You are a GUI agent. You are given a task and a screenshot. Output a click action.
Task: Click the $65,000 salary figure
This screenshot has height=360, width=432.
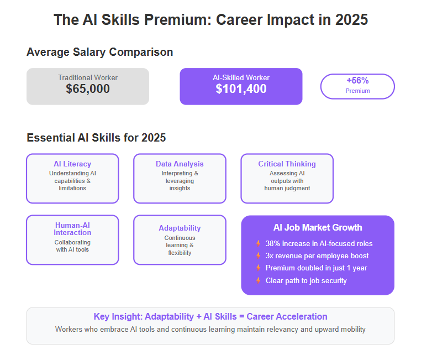coord(88,89)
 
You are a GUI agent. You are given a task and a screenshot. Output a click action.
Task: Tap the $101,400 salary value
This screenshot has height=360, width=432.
coord(241,89)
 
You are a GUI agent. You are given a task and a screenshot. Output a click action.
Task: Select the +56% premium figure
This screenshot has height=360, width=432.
coord(357,81)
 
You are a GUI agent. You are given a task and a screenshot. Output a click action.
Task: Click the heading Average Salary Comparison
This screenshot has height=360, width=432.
coord(100,52)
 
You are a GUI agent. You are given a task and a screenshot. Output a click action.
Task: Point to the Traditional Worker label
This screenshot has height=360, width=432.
coord(88,77)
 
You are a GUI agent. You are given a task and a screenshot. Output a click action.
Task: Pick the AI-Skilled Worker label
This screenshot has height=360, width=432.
coord(241,77)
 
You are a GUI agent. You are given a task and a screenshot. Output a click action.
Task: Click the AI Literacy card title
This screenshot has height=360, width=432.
coord(72,164)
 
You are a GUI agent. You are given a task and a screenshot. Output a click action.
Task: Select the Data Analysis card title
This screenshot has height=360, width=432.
coord(180,164)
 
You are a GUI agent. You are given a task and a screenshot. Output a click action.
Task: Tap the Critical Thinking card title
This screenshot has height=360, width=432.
coord(287,164)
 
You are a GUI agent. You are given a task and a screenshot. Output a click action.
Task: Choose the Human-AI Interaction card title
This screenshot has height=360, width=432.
coord(72,229)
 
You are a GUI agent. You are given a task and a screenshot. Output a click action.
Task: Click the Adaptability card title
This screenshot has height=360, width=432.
coord(180,228)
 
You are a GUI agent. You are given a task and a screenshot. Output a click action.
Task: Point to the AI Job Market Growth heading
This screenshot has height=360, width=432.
coord(318,228)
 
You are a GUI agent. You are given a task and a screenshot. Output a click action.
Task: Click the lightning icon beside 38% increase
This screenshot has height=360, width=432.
coord(258,243)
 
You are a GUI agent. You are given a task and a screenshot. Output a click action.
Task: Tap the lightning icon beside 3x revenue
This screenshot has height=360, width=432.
coord(258,255)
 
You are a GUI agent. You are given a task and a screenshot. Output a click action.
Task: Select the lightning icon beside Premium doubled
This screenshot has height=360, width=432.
coord(258,268)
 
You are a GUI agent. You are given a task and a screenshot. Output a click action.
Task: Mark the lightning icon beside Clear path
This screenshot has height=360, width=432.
coord(258,280)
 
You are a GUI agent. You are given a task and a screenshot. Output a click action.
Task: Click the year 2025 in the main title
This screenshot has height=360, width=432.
coord(351,19)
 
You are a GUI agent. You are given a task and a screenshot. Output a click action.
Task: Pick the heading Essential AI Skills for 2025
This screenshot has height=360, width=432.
coord(96,138)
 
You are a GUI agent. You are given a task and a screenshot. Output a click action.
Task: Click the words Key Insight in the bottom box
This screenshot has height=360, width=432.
coord(118,316)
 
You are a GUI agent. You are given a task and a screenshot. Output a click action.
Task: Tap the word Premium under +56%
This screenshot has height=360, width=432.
coord(357,91)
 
